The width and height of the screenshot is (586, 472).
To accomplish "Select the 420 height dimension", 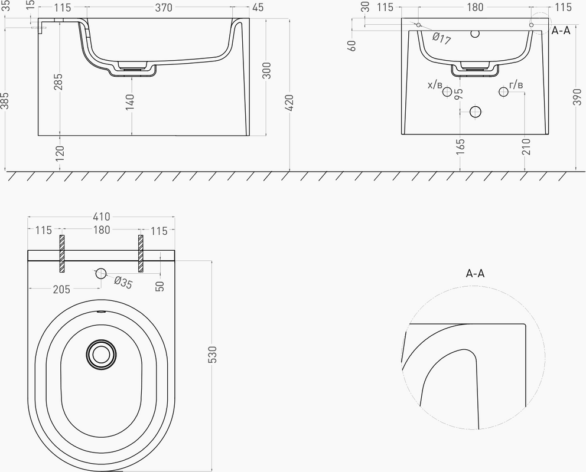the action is (x=289, y=103).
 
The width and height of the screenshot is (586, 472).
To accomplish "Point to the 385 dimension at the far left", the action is (x=5, y=101).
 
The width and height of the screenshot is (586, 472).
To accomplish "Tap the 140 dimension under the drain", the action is (x=130, y=103).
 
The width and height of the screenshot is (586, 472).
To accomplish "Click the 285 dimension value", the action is (x=58, y=82).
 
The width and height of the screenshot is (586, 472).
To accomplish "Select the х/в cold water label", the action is (x=435, y=85).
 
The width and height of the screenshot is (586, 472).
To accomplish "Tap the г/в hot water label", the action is (x=516, y=85).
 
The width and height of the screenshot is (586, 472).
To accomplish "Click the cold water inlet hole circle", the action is (x=447, y=91).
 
